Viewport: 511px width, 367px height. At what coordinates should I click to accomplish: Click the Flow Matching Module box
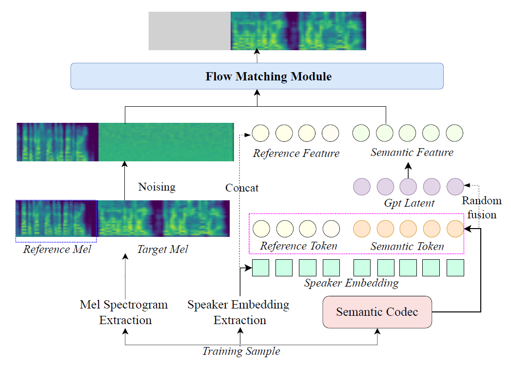(257, 76)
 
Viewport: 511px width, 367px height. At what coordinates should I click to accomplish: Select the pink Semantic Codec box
(377, 312)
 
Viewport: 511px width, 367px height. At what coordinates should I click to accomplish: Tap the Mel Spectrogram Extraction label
(124, 312)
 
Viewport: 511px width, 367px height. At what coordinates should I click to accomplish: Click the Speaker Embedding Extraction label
(238, 312)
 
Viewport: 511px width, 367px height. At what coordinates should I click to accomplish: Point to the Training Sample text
(241, 351)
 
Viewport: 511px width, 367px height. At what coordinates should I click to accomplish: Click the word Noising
(157, 187)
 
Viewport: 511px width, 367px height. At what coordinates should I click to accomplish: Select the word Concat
(242, 188)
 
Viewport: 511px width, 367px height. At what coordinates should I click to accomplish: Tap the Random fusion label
(482, 208)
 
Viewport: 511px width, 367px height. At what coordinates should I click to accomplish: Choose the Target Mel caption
(162, 250)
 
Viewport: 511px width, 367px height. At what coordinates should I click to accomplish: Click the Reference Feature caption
(296, 153)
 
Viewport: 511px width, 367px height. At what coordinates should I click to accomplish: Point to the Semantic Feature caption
(412, 152)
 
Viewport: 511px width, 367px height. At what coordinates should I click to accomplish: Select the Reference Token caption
(298, 246)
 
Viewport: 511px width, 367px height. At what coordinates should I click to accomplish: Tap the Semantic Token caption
(407, 246)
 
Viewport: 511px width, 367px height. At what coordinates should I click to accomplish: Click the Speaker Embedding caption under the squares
(351, 283)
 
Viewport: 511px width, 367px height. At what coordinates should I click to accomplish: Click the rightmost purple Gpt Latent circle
(455, 186)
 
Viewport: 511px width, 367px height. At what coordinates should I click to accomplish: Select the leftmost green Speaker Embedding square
(260, 268)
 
